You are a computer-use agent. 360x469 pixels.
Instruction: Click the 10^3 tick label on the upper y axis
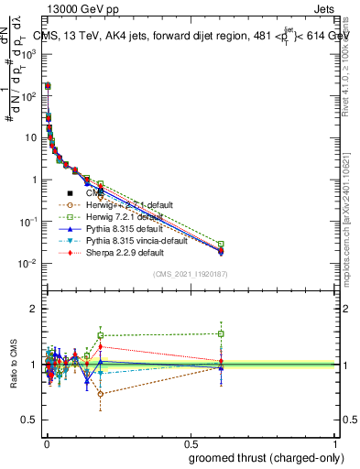pyautogui.click(x=27, y=54)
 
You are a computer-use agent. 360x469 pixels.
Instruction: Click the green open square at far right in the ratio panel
pyautogui.click(x=221, y=333)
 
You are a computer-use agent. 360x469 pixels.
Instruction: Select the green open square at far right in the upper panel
pyautogui.click(x=221, y=244)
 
